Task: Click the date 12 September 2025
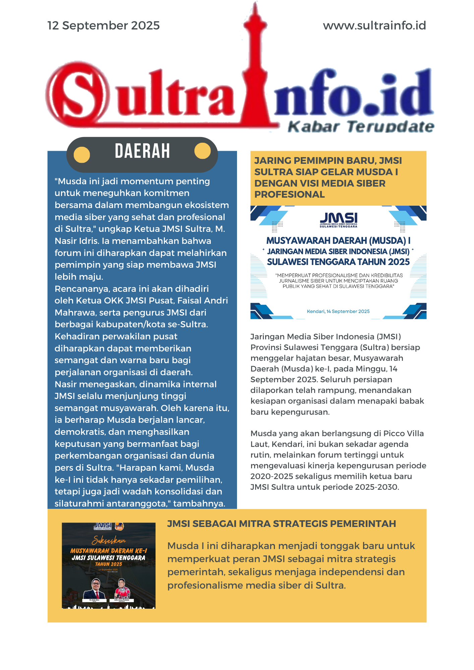point(103,25)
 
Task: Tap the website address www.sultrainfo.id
point(374,25)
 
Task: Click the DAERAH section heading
point(142,151)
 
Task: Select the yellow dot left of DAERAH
point(81,155)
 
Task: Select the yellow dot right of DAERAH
point(202,151)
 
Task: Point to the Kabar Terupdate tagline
point(361,127)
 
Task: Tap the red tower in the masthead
point(255,67)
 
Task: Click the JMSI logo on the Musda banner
point(338,219)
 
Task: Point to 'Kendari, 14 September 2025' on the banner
point(338,311)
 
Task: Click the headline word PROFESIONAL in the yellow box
point(289,195)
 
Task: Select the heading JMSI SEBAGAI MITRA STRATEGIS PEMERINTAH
point(281,524)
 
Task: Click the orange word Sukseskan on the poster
point(109,540)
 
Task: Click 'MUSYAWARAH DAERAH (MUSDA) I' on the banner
point(338,241)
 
